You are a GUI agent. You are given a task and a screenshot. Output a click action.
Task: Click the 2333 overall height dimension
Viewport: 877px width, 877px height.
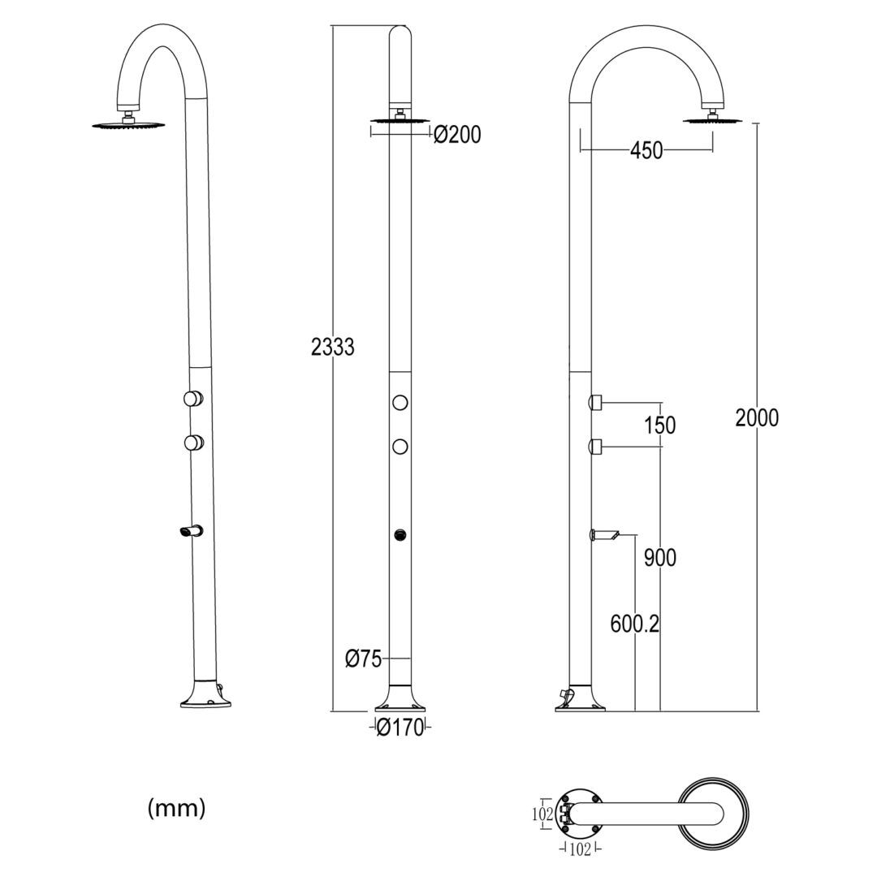tap(333, 347)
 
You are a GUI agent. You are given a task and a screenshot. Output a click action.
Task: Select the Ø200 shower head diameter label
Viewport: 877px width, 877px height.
tap(457, 135)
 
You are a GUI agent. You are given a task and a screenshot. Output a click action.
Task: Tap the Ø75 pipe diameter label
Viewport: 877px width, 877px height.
tap(363, 659)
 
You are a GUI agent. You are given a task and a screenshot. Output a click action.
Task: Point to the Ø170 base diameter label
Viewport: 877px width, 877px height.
tap(400, 728)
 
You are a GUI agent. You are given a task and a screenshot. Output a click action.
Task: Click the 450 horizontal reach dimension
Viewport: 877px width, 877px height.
tap(646, 150)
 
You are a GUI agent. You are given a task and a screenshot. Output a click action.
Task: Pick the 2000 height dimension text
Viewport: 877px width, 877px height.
tap(756, 417)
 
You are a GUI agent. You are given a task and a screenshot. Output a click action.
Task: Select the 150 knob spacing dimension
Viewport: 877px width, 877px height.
tap(659, 425)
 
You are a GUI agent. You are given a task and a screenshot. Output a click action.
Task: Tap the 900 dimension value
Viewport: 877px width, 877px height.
tap(659, 558)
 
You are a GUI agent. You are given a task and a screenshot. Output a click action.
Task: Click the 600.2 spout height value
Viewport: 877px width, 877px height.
tap(635, 624)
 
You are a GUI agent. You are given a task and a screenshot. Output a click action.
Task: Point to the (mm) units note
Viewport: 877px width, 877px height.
tap(177, 808)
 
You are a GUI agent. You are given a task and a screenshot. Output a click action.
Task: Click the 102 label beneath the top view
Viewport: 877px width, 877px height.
tap(578, 849)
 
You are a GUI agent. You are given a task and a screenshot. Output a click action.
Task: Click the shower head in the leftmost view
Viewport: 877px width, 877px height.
tap(128, 124)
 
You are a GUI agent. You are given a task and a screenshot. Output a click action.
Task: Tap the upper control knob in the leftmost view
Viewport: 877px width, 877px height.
tap(192, 398)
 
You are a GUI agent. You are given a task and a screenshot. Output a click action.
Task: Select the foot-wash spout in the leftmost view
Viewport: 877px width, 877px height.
tap(189, 532)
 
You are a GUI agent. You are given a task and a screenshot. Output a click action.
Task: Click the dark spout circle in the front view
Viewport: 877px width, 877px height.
tap(400, 534)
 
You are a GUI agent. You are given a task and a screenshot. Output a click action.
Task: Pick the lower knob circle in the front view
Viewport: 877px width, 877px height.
tap(400, 447)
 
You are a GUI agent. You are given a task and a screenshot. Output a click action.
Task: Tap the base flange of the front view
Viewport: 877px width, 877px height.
tap(400, 700)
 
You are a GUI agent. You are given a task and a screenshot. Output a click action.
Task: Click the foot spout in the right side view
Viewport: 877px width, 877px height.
tap(605, 534)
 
